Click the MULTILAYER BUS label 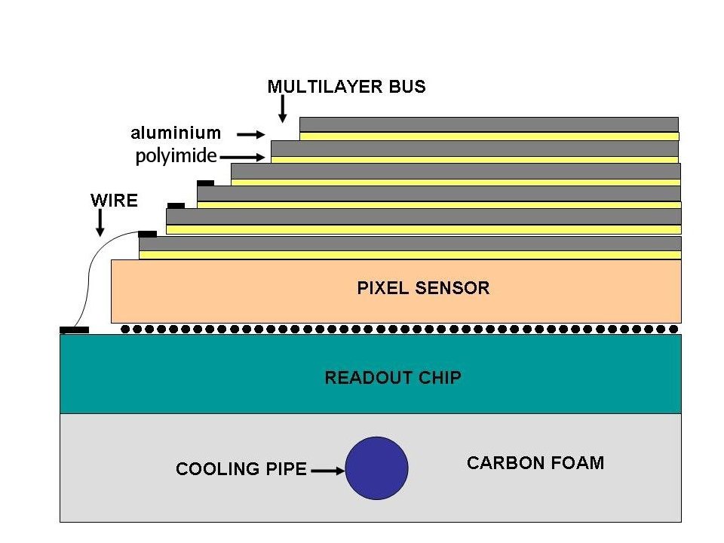(x=347, y=87)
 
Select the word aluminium (x=176, y=133)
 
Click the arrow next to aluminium (x=251, y=134)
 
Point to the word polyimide (x=176, y=157)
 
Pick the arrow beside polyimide (x=243, y=158)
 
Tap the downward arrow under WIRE (x=100, y=223)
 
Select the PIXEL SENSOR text (x=423, y=288)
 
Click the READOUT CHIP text (x=393, y=377)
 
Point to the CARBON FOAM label (x=535, y=463)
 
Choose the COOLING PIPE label (x=241, y=469)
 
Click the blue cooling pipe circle (x=376, y=468)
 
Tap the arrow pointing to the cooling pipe (x=327, y=471)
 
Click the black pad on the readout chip (x=75, y=330)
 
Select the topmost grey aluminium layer (x=489, y=124)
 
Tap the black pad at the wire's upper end (x=148, y=234)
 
